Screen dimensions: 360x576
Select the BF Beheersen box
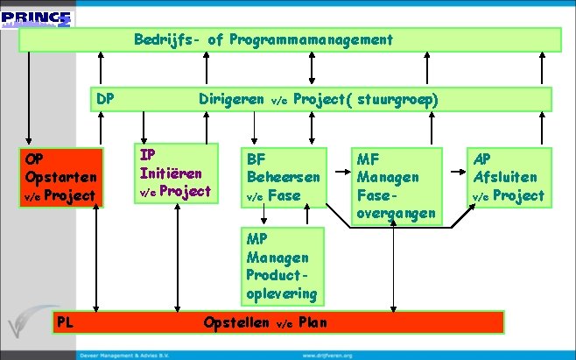coord(282,178)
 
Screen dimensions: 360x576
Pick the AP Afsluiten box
coord(507,178)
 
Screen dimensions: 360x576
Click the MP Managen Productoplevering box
coord(281,265)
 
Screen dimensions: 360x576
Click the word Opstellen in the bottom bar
coord(236,321)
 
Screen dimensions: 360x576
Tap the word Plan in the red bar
coord(313,321)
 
